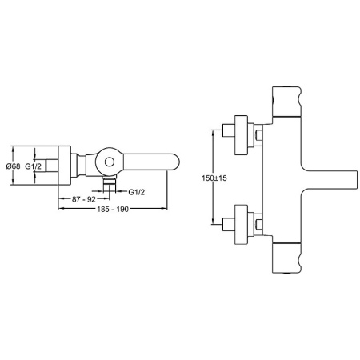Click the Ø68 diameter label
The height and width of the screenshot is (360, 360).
[13, 166]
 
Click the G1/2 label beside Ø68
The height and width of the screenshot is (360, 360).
[34, 166]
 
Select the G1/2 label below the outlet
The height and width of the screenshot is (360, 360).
[137, 192]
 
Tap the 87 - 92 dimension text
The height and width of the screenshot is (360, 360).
[84, 199]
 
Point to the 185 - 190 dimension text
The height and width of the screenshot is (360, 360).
[113, 209]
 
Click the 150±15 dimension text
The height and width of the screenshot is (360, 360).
[214, 178]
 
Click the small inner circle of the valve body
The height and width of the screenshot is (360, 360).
[110, 162]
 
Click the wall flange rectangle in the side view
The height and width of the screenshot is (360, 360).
[65, 165]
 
